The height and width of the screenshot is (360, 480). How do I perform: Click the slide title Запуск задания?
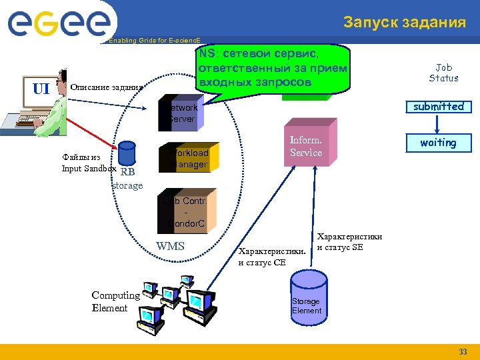pos(405,23)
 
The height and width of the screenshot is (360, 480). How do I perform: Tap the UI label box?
pos(41,88)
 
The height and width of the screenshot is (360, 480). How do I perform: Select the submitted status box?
pos(438,107)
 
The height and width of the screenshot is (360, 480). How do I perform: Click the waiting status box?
pos(438,143)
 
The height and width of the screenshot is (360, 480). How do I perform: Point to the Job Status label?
pos(443,73)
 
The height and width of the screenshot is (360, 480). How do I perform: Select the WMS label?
pos(171,247)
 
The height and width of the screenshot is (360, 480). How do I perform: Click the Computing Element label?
pos(115,301)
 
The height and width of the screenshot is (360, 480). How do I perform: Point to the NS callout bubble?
pos(273,67)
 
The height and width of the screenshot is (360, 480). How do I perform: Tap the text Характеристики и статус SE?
pos(349,242)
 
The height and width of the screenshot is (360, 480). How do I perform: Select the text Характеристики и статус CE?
pos(271,257)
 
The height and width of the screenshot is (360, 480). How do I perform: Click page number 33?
pos(463,352)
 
